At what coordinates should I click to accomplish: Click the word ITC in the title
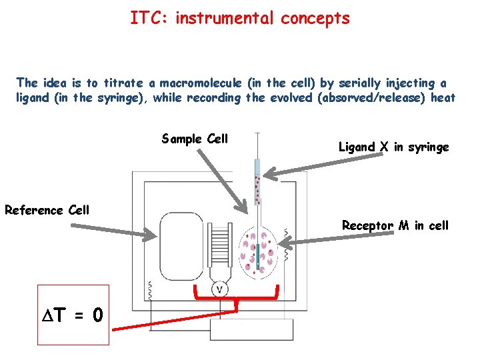pyautogui.click(x=146, y=18)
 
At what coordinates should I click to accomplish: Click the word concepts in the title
pyautogui.click(x=315, y=18)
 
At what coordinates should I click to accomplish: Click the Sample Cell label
pyautogui.click(x=195, y=139)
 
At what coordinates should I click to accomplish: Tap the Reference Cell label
pyautogui.click(x=47, y=210)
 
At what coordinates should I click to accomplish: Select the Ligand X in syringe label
pyautogui.click(x=393, y=147)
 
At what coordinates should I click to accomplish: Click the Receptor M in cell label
pyautogui.click(x=395, y=225)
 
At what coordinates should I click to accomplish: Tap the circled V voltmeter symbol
pyautogui.click(x=220, y=288)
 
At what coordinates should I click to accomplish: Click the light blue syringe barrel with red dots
pyautogui.click(x=257, y=183)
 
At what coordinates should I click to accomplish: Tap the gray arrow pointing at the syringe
pyautogui.click(x=300, y=171)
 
